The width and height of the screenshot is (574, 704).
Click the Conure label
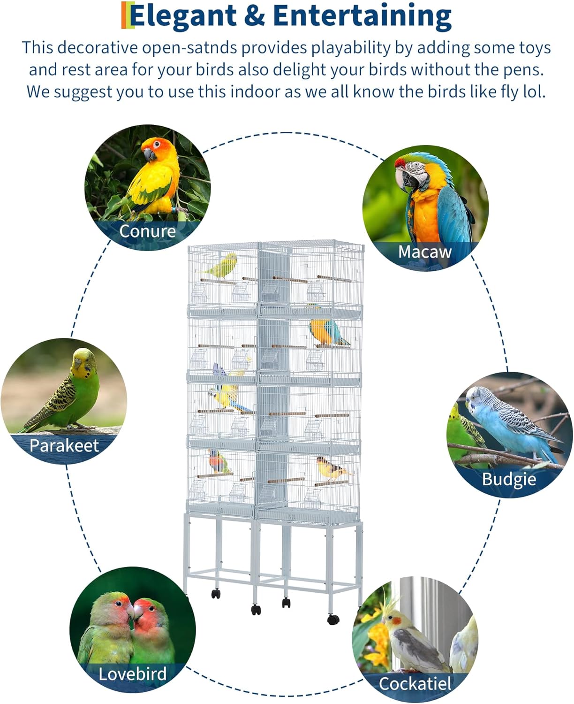click(147, 231)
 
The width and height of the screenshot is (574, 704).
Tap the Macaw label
click(424, 252)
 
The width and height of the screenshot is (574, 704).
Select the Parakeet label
click(64, 445)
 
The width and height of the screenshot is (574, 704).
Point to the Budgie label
click(509, 479)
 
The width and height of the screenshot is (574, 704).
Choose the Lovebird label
click(133, 674)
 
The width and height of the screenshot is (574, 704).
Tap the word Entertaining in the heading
click(362, 16)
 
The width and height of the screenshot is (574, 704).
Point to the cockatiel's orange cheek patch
click(396, 621)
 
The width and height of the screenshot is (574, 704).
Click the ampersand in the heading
click(255, 16)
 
